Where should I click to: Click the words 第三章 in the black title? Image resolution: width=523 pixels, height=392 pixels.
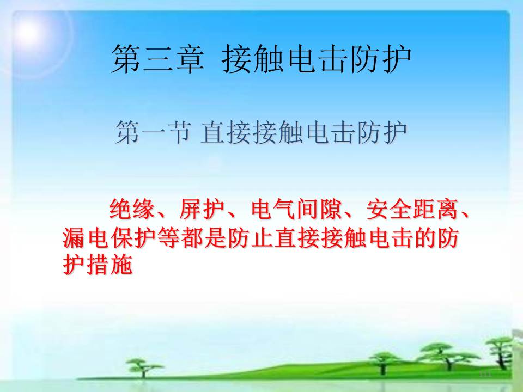(x=158, y=59)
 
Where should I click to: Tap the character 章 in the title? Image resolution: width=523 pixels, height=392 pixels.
(x=190, y=59)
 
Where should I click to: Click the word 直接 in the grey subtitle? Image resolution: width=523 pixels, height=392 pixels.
(x=226, y=132)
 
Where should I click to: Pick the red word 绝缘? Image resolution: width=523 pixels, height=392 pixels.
(x=132, y=209)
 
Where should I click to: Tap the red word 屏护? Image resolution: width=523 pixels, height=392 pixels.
(x=202, y=209)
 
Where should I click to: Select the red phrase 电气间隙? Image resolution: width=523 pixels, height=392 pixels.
(x=296, y=209)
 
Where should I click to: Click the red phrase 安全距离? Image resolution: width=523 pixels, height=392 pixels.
(x=412, y=209)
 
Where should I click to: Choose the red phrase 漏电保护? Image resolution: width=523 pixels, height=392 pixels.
(x=109, y=238)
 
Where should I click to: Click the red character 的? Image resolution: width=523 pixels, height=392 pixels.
(x=424, y=238)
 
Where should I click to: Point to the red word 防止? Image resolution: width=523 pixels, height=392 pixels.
(x=240, y=238)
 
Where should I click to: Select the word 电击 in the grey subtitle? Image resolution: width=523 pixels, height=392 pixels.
(x=330, y=132)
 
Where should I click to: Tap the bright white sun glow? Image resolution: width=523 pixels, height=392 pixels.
(x=29, y=32)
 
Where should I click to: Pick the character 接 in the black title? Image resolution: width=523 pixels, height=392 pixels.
(x=236, y=59)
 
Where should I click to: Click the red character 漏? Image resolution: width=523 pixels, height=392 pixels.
(x=74, y=238)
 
